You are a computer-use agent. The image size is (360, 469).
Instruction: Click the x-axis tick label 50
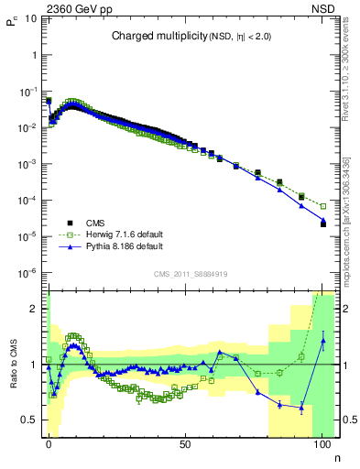185,442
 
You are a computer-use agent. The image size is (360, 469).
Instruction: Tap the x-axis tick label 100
322,442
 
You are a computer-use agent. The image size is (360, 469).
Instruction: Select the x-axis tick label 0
49,442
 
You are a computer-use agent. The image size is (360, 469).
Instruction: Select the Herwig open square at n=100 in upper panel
322,206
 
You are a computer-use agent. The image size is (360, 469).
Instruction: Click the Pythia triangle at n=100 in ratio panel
322,342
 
